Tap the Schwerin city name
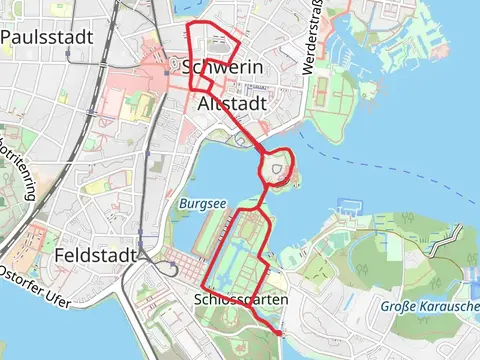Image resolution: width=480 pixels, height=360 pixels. pyautogui.click(x=222, y=67)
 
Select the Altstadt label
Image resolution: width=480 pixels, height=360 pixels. pyautogui.click(x=232, y=104)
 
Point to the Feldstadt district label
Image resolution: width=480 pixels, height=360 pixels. pyautogui.click(x=96, y=255)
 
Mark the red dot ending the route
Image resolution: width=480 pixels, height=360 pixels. pyautogui.click(x=280, y=331)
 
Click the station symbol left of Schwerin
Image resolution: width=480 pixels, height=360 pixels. pyautogui.click(x=173, y=66)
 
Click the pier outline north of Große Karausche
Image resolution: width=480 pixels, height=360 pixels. pyautogui.click(x=349, y=208)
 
